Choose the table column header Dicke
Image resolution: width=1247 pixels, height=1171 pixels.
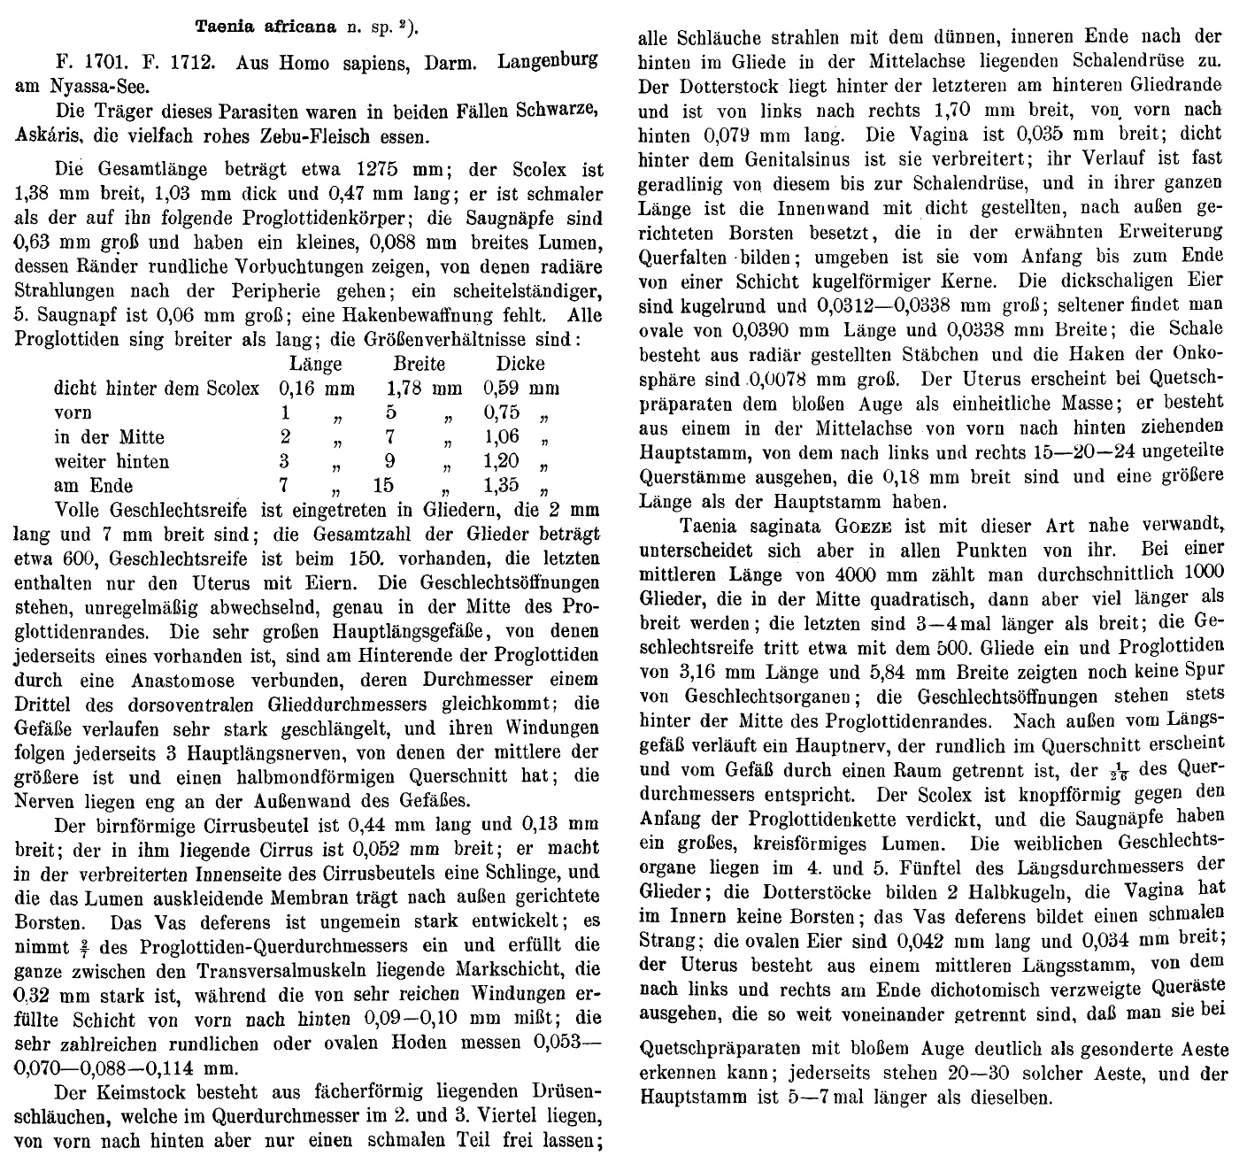(x=520, y=364)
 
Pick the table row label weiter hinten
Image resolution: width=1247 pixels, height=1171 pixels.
(x=112, y=461)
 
